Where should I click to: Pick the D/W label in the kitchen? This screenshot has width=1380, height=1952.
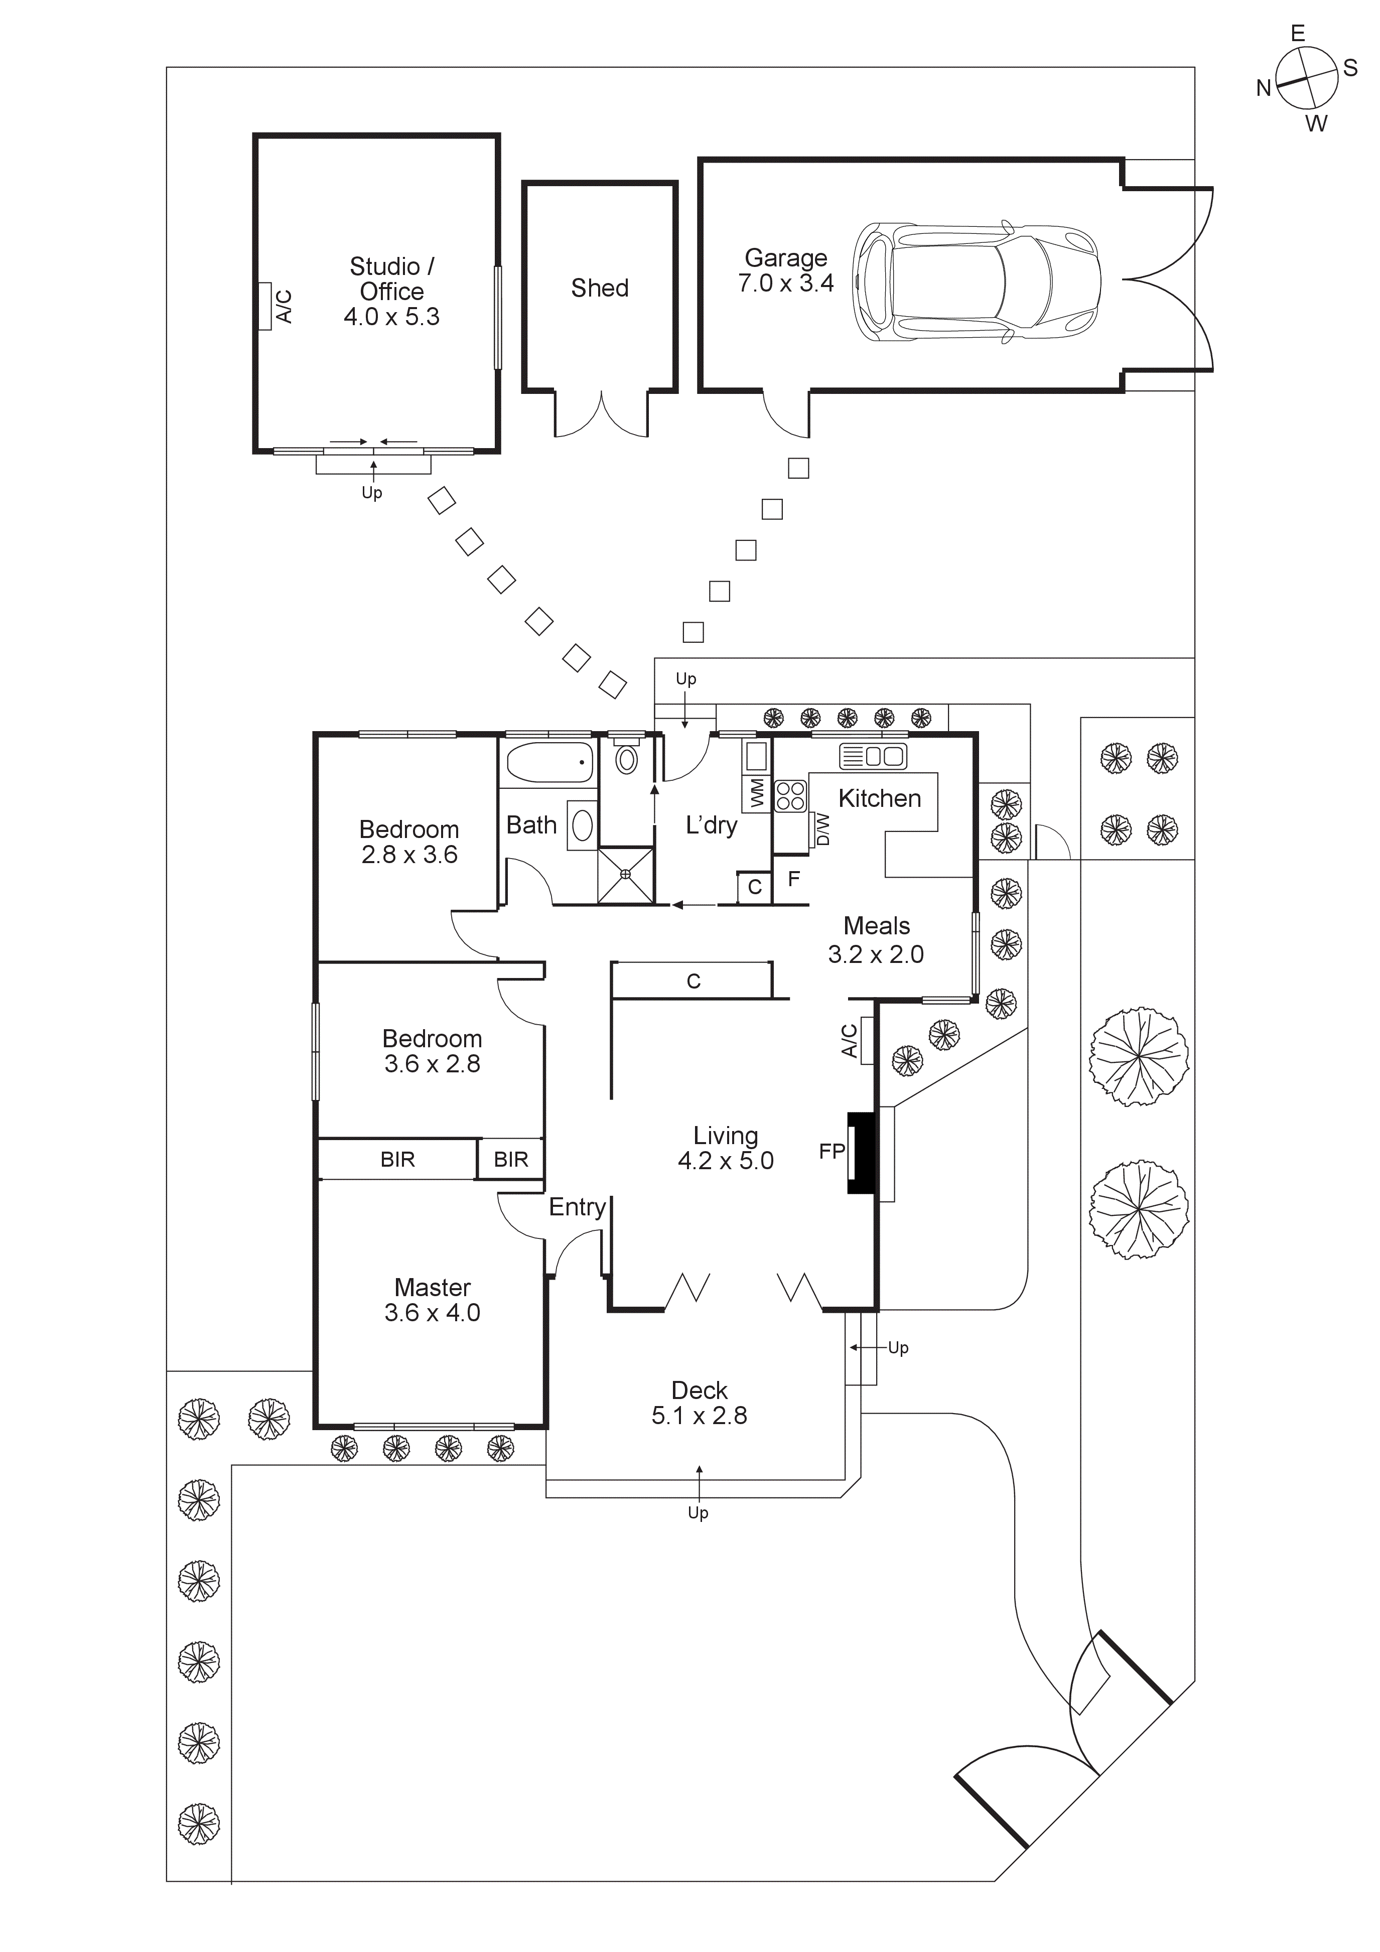[x=821, y=829]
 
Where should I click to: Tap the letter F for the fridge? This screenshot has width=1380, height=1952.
[x=793, y=879]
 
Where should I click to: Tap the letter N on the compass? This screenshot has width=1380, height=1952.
[x=1264, y=88]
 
